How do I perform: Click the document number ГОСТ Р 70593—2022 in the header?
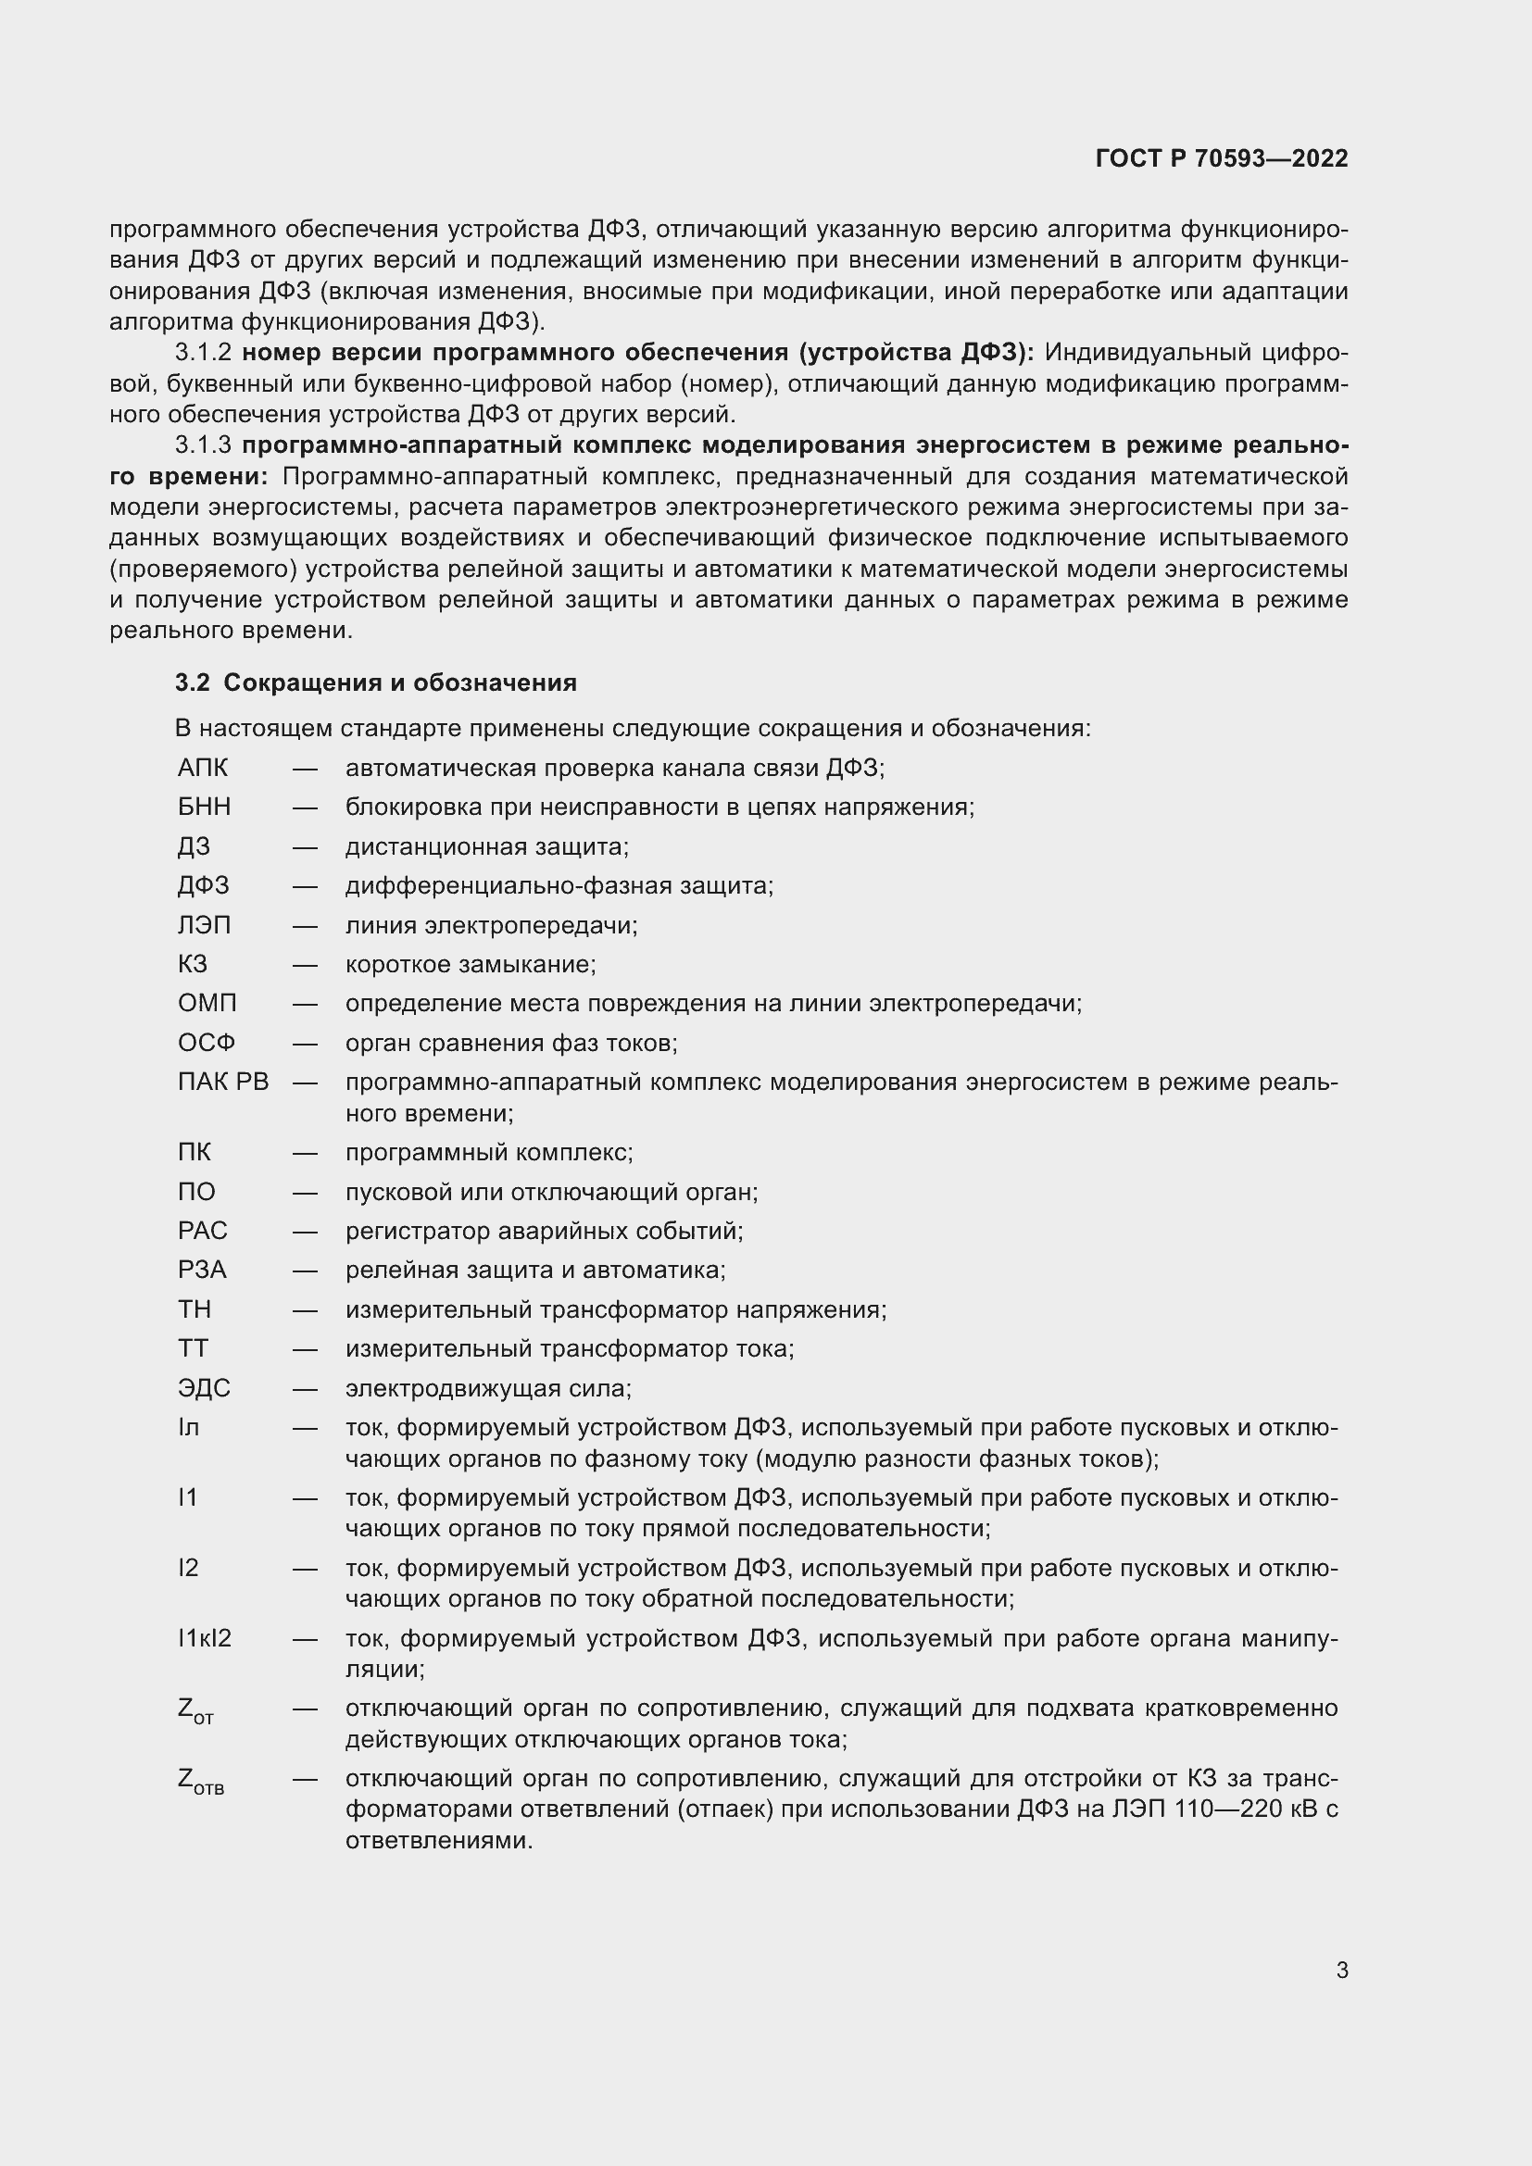(x=1222, y=158)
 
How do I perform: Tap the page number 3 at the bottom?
(x=1341, y=1970)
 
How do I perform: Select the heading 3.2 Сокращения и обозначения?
(x=375, y=682)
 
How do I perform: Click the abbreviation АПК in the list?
(x=203, y=768)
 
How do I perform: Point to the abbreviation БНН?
(x=204, y=807)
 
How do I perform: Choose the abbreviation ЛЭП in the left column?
(x=204, y=924)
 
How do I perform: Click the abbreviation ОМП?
(x=207, y=1003)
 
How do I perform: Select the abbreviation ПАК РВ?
(x=222, y=1081)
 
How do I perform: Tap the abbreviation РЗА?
(x=202, y=1270)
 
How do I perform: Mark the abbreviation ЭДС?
(x=204, y=1388)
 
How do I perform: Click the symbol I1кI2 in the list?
(x=204, y=1638)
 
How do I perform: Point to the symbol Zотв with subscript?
(x=200, y=1781)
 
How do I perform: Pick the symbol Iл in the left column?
(x=188, y=1427)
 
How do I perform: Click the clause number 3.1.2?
(x=203, y=353)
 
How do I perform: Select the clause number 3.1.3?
(x=203, y=445)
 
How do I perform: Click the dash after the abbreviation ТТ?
(x=305, y=1349)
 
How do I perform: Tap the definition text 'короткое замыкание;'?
(x=470, y=964)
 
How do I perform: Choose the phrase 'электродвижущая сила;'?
(x=488, y=1388)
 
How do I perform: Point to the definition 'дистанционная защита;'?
(x=486, y=846)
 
